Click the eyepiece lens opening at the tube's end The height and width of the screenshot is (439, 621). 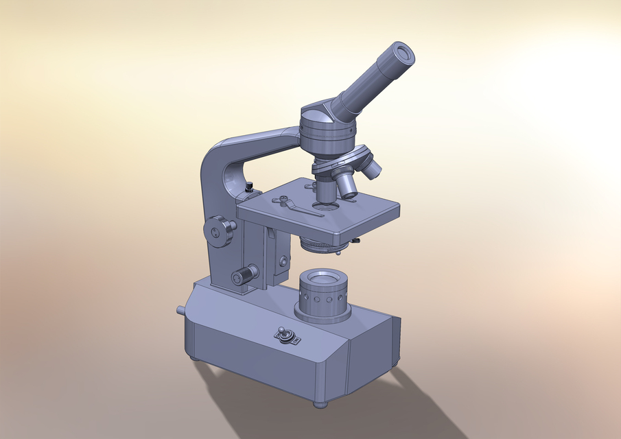point(403,53)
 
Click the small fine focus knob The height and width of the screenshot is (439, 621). point(242,276)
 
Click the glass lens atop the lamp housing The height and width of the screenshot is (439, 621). point(322,279)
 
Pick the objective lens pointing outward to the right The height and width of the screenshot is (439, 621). point(371,166)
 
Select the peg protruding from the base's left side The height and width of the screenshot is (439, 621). point(180,310)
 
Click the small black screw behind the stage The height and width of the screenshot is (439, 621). point(250,185)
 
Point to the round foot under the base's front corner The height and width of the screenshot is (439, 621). point(320,404)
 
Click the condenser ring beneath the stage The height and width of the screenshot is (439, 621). point(323,245)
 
